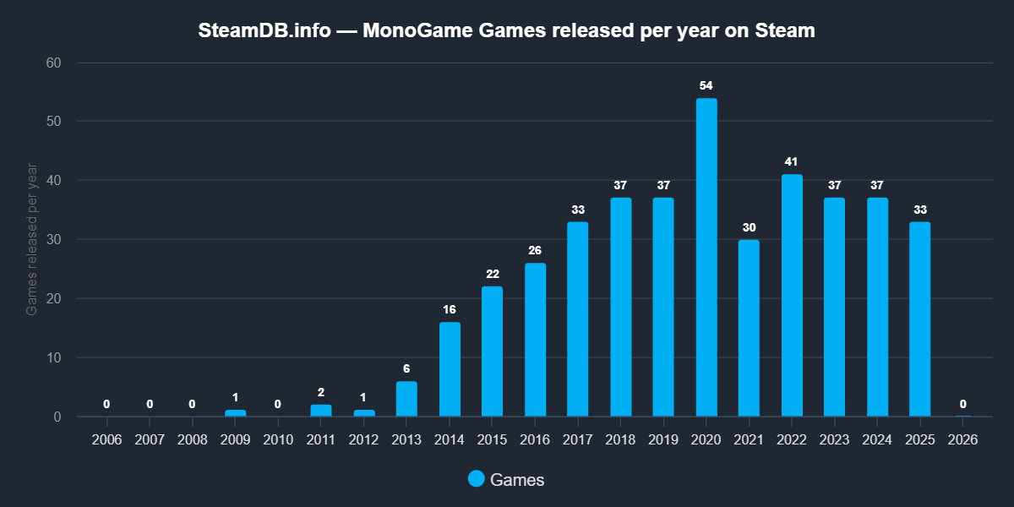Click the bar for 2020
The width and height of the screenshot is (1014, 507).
pos(706,258)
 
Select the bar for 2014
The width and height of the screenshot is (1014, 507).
pos(450,369)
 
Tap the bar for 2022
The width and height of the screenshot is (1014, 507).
pos(792,296)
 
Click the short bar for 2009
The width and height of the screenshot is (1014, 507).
pos(235,413)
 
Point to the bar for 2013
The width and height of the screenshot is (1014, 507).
pos(406,399)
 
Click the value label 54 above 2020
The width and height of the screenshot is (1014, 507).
pos(706,85)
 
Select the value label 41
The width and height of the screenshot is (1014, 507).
pos(792,161)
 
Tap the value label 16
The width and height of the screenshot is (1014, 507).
pos(450,309)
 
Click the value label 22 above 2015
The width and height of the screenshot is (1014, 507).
pos(492,274)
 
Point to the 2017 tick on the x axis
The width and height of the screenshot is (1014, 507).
pos(578,440)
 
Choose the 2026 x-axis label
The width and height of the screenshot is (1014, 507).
pos(963,440)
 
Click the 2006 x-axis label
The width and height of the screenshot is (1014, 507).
pos(106,440)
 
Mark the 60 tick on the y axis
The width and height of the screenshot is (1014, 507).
pos(54,63)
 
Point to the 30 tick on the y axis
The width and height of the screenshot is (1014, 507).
pos(54,240)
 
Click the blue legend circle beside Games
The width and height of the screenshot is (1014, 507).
pos(477,479)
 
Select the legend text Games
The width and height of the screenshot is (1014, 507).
pos(517,480)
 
